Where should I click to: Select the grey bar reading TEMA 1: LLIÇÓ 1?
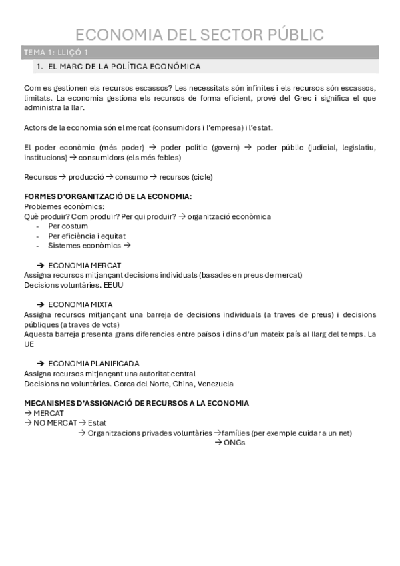point(200,52)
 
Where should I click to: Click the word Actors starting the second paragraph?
point(36,128)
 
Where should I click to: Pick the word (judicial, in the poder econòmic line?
point(324,147)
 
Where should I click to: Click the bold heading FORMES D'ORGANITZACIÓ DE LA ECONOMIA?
point(108,196)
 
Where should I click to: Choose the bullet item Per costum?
point(68,226)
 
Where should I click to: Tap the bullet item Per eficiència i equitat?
point(87,236)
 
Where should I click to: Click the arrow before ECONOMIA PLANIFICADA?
point(40,364)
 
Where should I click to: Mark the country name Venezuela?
point(213,383)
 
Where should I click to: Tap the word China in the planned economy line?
point(177,383)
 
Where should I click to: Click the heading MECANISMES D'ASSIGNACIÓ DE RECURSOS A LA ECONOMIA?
point(136,403)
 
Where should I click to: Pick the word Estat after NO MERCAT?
point(97,422)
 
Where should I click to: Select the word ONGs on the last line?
point(234,442)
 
